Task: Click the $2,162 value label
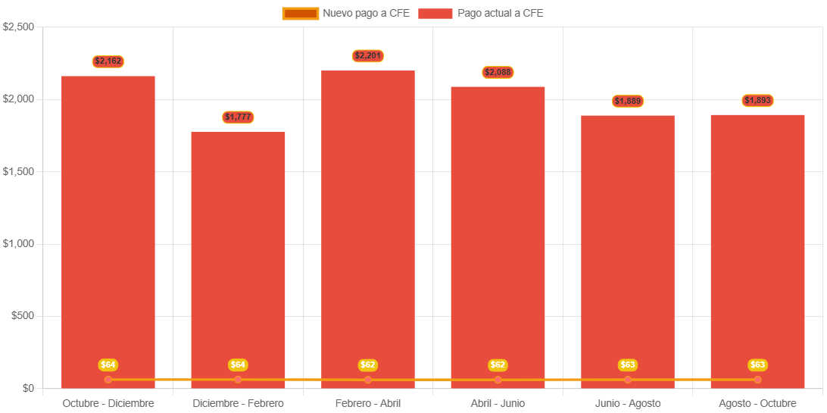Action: tap(108, 61)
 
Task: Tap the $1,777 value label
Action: tap(238, 117)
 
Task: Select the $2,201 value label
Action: tap(368, 56)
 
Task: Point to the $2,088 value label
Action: tap(498, 73)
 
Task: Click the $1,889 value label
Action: tap(628, 102)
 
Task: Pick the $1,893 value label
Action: tap(757, 101)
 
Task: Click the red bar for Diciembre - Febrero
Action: tap(238, 258)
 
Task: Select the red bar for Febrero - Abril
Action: tap(368, 227)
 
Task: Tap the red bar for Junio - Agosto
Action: tap(628, 250)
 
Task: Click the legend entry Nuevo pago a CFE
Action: tap(346, 13)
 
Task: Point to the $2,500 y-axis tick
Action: tap(19, 27)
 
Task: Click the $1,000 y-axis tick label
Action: tap(19, 244)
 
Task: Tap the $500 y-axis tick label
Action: tap(23, 316)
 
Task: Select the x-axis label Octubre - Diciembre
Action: tap(108, 403)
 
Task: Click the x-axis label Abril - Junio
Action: tap(498, 403)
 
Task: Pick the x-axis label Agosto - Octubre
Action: tap(757, 403)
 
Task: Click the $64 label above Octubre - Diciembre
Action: tap(108, 365)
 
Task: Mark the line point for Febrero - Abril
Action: tap(368, 380)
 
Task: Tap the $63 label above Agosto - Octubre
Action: tap(757, 365)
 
